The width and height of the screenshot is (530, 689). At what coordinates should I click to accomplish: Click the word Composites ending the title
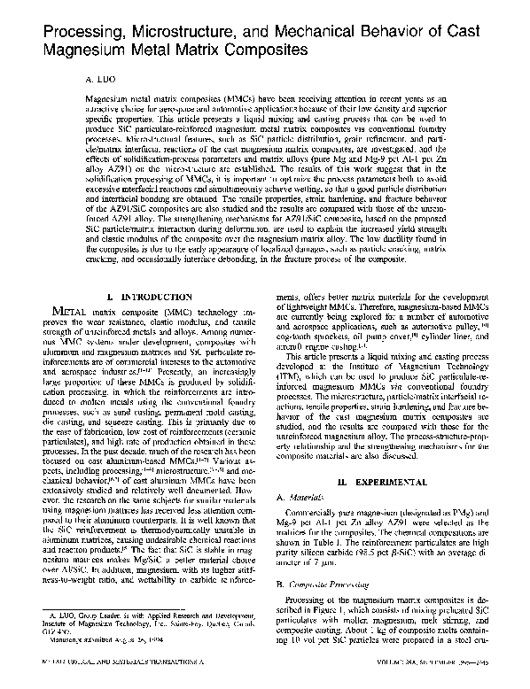265,42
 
